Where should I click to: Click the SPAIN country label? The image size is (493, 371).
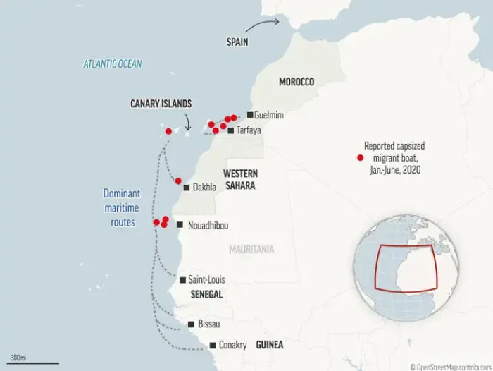(237, 42)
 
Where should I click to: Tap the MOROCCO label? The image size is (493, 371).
(297, 82)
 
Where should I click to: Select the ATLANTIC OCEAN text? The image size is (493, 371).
(113, 64)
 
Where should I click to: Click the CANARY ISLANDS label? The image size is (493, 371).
(161, 104)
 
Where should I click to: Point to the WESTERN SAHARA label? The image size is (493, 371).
(239, 179)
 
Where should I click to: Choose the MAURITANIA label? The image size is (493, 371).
(251, 249)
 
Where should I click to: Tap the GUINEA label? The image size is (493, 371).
(270, 345)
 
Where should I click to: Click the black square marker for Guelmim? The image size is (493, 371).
(249, 114)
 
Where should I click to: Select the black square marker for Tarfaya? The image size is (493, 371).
(231, 130)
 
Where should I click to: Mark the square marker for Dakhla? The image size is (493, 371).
(186, 188)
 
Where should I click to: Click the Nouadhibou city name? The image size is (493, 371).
(208, 225)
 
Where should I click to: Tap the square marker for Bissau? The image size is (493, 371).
(192, 324)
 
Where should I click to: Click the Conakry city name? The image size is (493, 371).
(232, 345)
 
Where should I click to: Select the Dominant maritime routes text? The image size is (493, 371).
(121, 207)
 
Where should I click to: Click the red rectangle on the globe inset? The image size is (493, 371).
(407, 267)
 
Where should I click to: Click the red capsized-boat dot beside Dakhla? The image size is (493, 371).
(178, 181)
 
